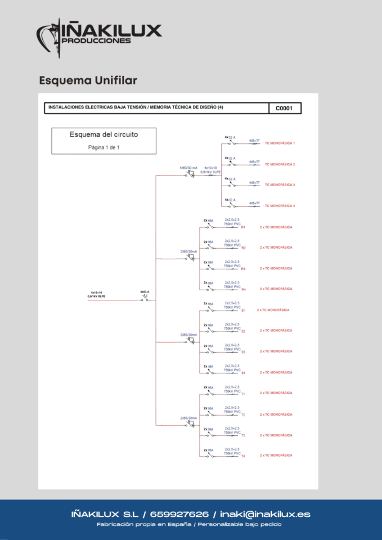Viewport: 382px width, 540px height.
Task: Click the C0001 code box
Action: click(285, 109)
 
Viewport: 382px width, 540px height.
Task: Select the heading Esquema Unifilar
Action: click(88, 81)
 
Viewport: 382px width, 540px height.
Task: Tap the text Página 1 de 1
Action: click(104, 147)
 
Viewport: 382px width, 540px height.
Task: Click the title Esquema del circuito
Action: click(104, 134)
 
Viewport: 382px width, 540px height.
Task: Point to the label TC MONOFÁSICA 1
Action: click(280, 143)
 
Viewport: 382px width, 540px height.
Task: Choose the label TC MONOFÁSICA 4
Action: click(280, 206)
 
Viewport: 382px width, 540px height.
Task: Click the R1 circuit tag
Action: click(243, 227)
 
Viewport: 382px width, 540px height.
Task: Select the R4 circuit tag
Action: click(243, 289)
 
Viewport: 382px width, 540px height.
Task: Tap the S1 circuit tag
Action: click(243, 310)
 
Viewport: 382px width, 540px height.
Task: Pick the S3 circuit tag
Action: click(243, 352)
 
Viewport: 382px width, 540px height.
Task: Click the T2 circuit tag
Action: click(243, 415)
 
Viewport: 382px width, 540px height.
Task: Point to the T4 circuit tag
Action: click(243, 456)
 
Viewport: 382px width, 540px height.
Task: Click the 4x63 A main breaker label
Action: click(145, 292)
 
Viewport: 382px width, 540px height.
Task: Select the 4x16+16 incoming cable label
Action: click(96, 294)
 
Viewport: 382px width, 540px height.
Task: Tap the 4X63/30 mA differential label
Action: click(188, 168)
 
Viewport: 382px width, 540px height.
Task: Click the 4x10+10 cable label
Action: click(211, 168)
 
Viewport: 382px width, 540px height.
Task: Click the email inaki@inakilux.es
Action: click(265, 515)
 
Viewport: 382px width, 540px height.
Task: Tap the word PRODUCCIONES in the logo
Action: click(97, 41)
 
